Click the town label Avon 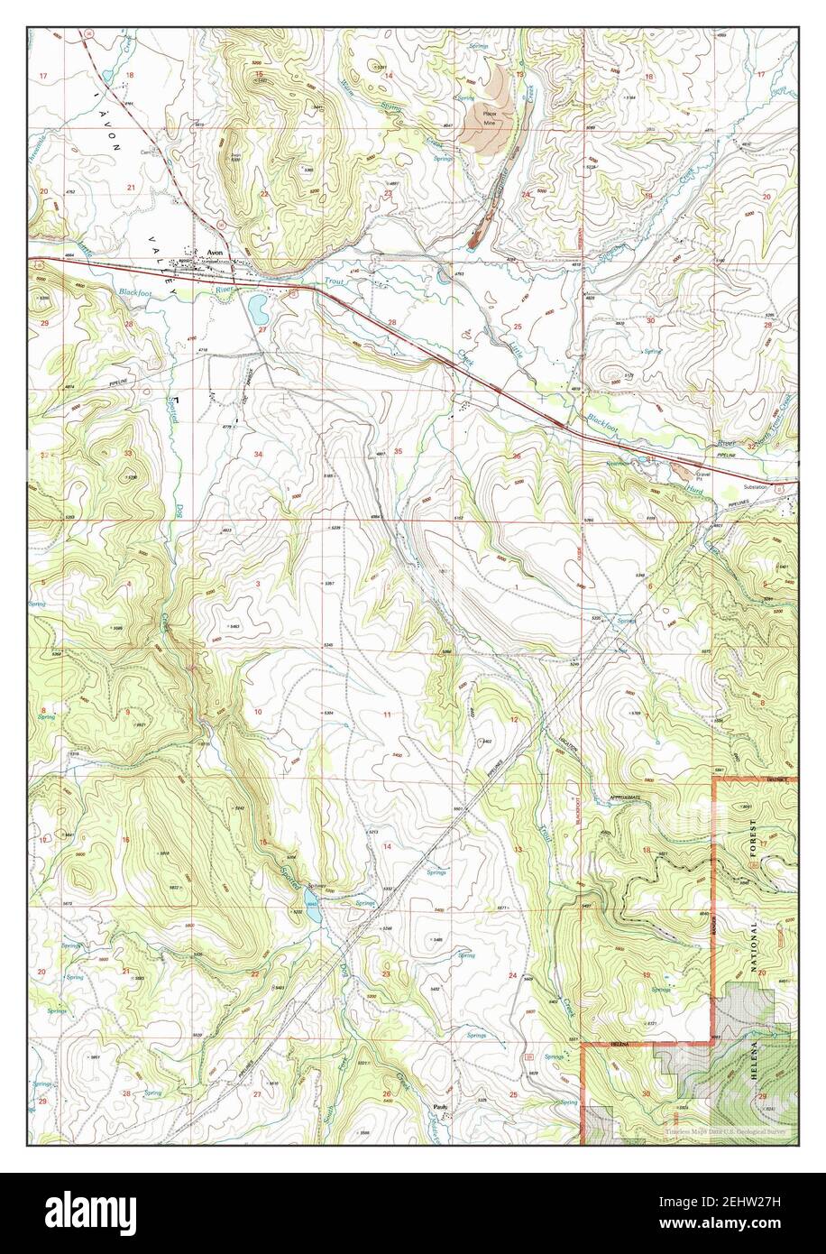(215, 254)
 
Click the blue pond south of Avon (258, 311)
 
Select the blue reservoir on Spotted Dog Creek (312, 913)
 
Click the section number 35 (398, 450)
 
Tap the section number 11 (388, 715)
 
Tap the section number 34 (259, 453)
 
